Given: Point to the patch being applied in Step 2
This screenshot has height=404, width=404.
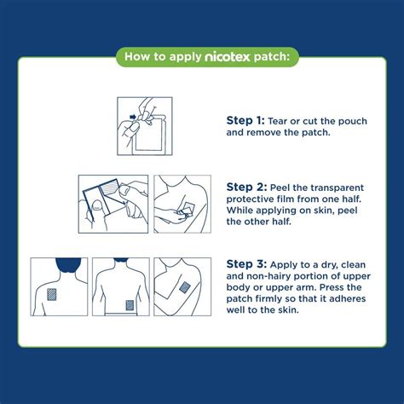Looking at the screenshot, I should pos(190,207).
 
